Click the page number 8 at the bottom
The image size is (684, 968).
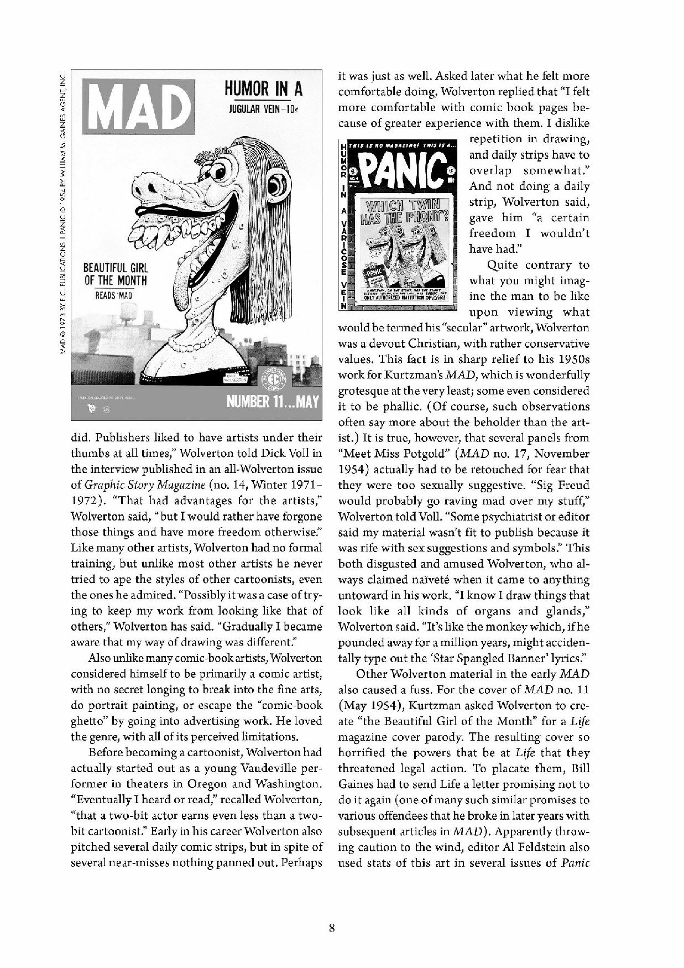point(331,928)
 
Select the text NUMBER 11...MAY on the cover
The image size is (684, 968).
point(273,400)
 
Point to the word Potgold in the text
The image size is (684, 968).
point(419,454)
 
